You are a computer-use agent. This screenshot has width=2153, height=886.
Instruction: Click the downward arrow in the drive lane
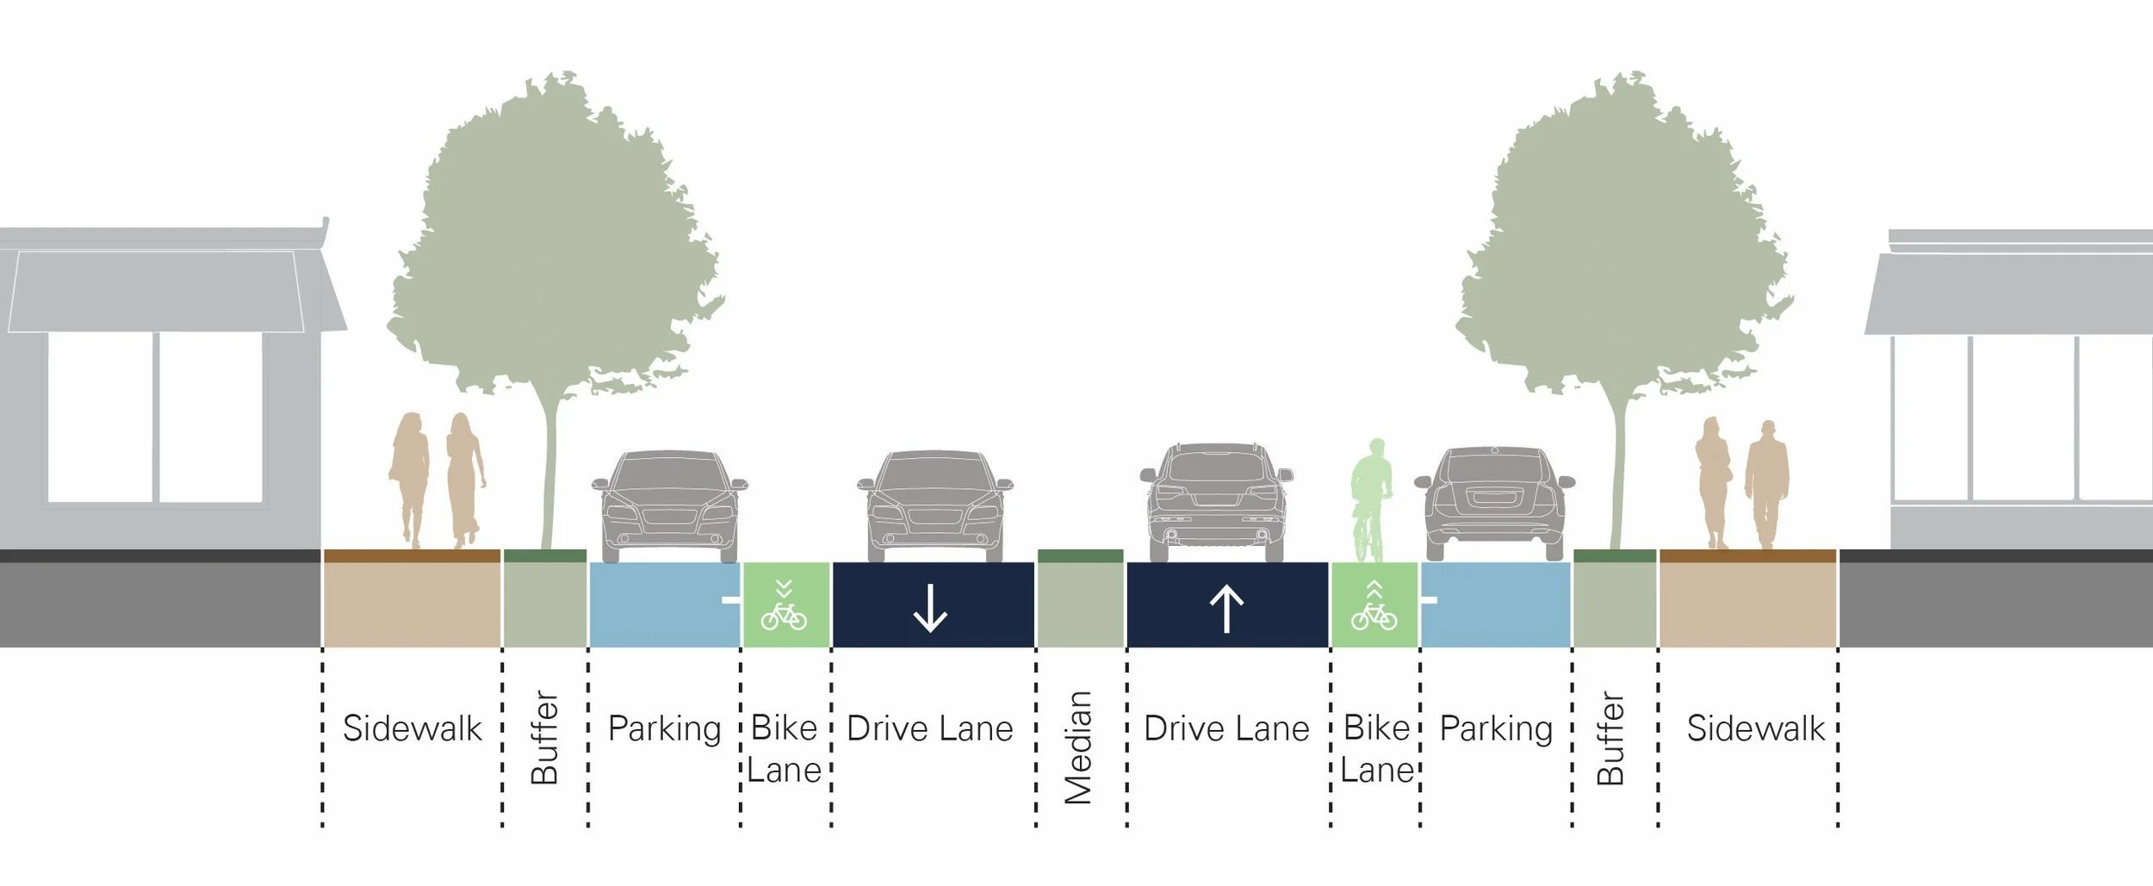pos(930,609)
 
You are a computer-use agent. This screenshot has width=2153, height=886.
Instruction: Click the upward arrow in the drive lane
pos(1226,609)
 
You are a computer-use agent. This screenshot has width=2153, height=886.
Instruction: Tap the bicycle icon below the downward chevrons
pos(784,616)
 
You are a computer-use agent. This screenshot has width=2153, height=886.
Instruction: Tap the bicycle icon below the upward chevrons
pos(1374,616)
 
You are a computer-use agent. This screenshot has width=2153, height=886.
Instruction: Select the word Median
pos(1078,747)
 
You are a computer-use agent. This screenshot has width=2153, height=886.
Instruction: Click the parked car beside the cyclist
pos(1495,504)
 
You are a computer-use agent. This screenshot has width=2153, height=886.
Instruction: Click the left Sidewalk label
pos(412,729)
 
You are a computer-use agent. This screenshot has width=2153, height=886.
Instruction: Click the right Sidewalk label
pos(1755,729)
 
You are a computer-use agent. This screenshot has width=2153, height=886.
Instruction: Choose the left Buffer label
pos(544,737)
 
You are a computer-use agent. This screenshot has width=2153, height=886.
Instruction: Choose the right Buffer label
pos(1610,737)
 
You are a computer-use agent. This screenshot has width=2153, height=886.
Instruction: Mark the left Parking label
pos(664,729)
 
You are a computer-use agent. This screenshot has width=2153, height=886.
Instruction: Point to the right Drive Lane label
pos(1226,729)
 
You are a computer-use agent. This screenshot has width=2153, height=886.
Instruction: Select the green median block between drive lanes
pos(1080,603)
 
